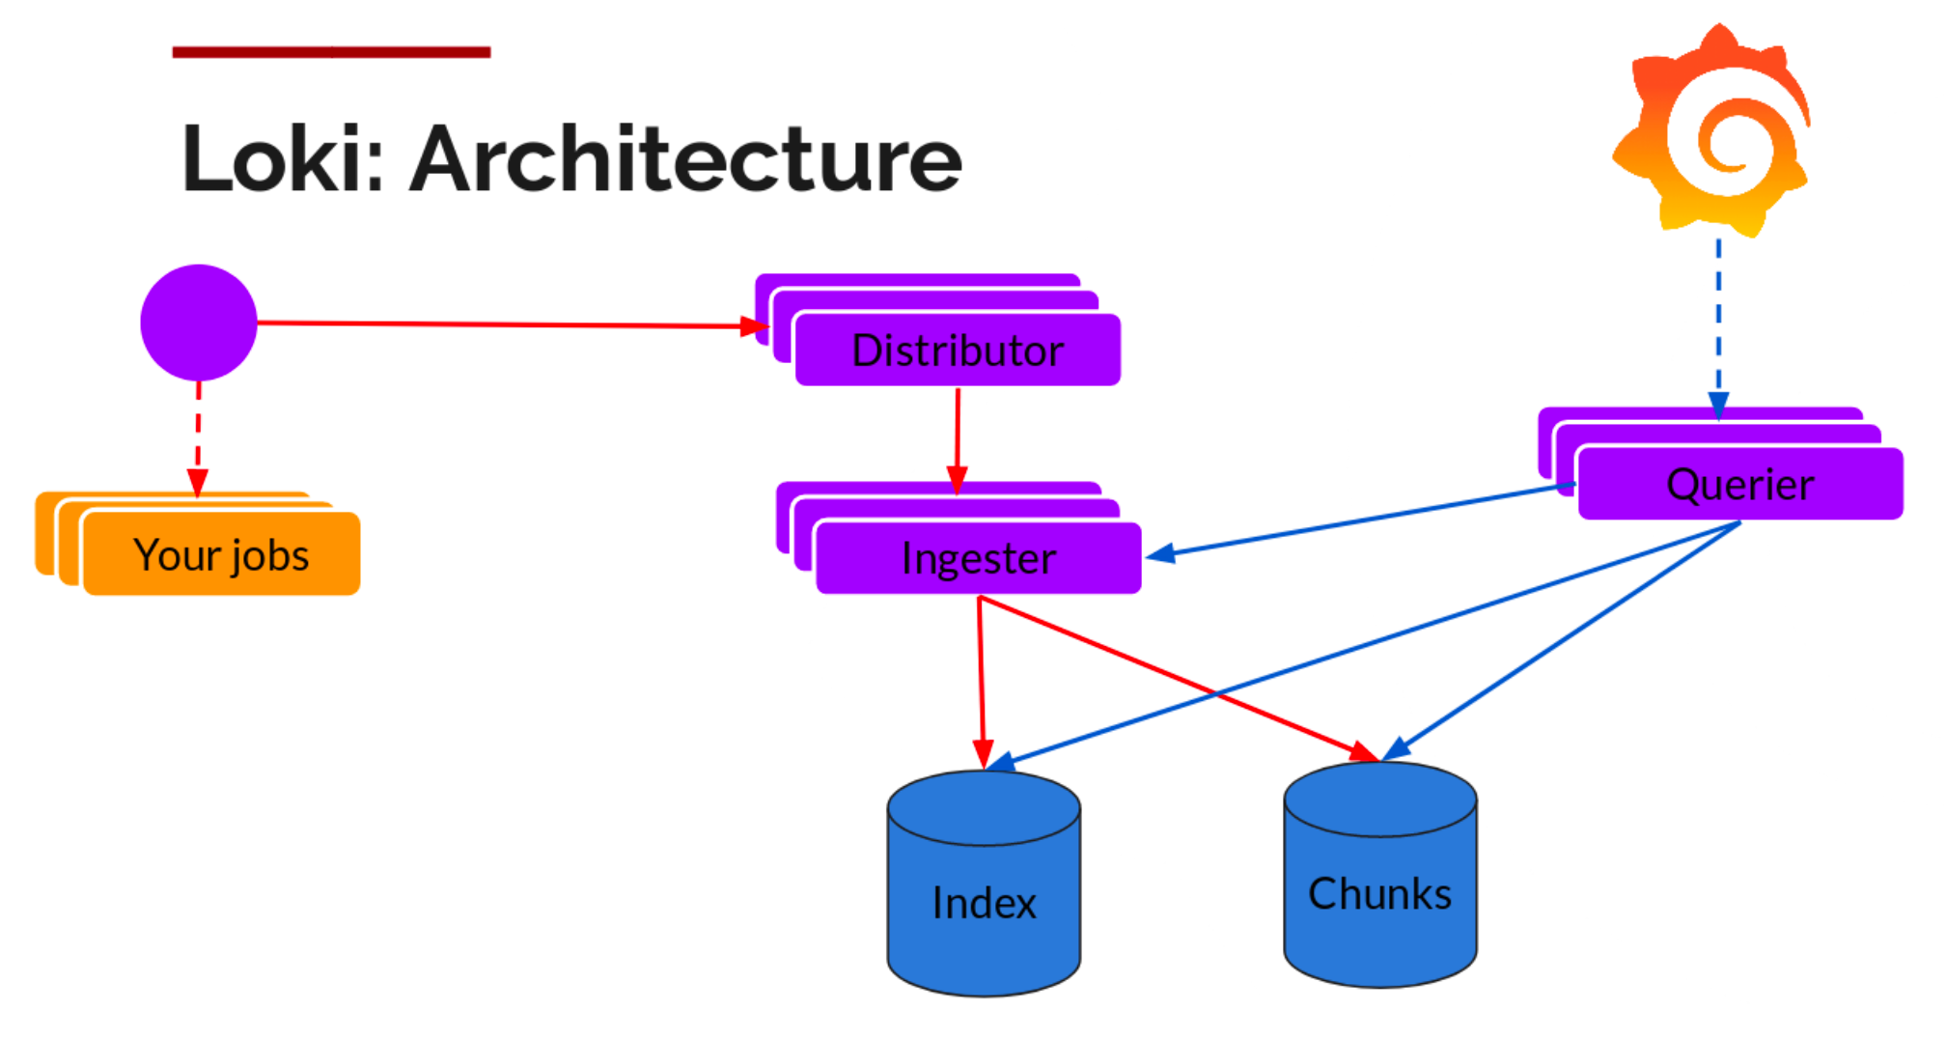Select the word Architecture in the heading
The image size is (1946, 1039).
pos(685,159)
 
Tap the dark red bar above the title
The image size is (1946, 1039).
pos(331,52)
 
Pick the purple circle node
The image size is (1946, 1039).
pos(199,323)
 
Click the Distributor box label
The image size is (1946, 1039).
pos(958,351)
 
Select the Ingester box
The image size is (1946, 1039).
pos(978,558)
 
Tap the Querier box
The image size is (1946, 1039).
pos(1739,485)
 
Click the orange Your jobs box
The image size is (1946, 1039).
pos(221,555)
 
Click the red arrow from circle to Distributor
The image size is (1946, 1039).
pos(502,324)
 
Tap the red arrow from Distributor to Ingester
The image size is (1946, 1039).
pos(958,435)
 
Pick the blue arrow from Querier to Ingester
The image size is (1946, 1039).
pos(1351,522)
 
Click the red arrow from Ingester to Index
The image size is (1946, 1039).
pos(981,676)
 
